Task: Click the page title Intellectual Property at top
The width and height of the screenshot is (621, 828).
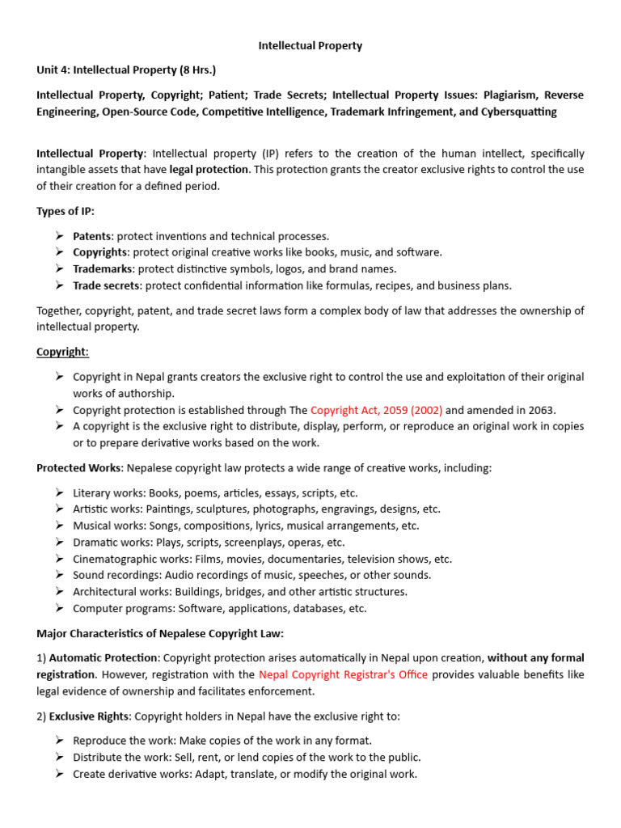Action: click(310, 46)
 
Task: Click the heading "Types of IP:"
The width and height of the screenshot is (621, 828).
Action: click(65, 211)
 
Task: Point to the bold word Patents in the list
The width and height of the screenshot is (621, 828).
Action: click(91, 236)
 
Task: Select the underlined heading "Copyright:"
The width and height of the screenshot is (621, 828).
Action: click(62, 352)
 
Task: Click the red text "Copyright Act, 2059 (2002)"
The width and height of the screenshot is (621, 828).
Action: click(376, 409)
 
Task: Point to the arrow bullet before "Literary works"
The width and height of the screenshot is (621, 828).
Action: click(60, 492)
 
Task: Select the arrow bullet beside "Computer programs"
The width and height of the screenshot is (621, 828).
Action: click(60, 608)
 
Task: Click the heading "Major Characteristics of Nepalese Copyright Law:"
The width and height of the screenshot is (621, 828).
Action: click(160, 633)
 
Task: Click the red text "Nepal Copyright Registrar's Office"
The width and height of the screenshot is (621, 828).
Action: click(344, 674)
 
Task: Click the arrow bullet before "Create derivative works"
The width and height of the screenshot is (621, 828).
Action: click(60, 774)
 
